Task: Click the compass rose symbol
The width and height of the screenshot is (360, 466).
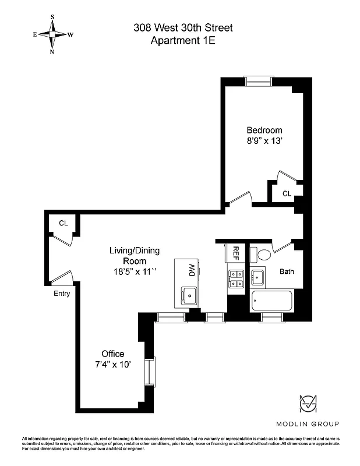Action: pyautogui.click(x=52, y=34)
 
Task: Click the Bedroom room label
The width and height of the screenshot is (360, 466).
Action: pyautogui.click(x=264, y=130)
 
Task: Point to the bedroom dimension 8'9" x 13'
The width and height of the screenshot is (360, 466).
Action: pyautogui.click(x=264, y=141)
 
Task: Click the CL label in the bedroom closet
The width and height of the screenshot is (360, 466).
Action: pyautogui.click(x=287, y=193)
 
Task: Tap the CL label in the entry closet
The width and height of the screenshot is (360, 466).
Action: pyautogui.click(x=63, y=223)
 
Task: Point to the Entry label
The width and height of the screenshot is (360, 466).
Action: pyautogui.click(x=62, y=294)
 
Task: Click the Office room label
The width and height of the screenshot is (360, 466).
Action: pyautogui.click(x=112, y=354)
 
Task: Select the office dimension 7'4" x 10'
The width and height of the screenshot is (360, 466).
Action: pyautogui.click(x=112, y=364)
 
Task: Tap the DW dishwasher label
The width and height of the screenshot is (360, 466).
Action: pyautogui.click(x=191, y=270)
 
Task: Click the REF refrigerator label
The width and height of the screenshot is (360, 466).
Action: pyautogui.click(x=236, y=253)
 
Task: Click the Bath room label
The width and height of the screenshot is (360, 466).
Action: pyautogui.click(x=287, y=271)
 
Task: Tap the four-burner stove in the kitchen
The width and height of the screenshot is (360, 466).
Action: pyautogui.click(x=236, y=279)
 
